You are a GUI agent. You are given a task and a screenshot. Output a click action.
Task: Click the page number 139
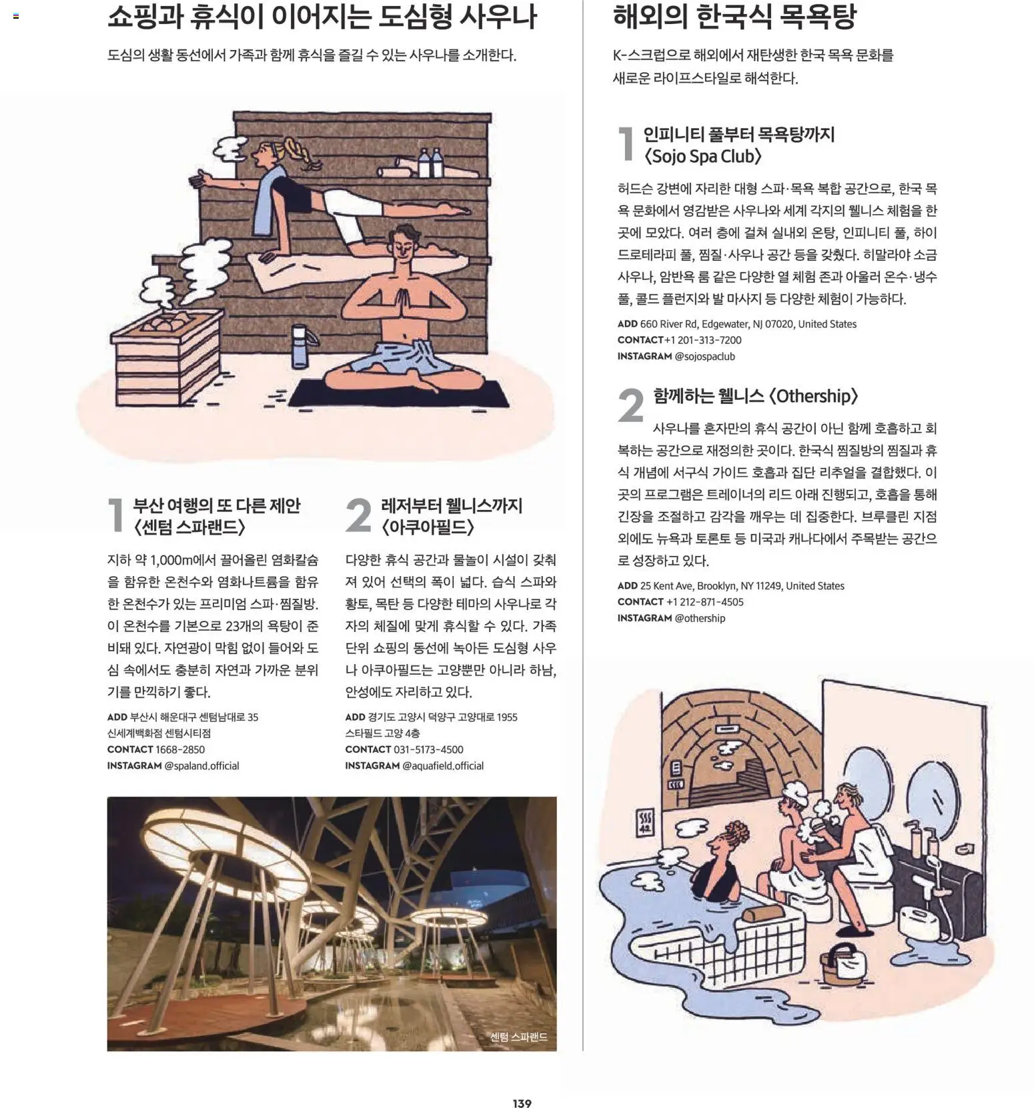(x=522, y=1103)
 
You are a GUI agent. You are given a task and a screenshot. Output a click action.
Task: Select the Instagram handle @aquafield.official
(x=442, y=765)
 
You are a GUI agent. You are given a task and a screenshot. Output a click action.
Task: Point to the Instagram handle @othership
(x=700, y=618)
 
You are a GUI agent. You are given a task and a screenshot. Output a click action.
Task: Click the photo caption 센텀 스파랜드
(x=518, y=1037)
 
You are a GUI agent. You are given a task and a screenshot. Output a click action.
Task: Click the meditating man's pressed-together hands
(x=401, y=304)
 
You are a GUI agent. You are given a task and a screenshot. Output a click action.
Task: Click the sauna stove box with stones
(x=163, y=357)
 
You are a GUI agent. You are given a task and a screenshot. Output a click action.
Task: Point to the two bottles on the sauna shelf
(x=430, y=163)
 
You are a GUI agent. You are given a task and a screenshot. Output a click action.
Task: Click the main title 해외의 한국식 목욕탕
(x=734, y=17)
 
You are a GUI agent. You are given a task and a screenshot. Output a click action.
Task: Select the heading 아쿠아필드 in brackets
(x=428, y=527)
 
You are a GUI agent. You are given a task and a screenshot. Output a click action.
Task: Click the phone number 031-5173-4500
(x=428, y=749)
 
